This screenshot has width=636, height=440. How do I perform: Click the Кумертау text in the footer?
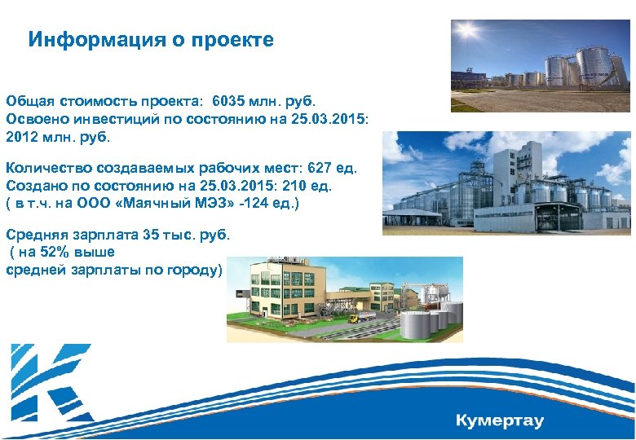(499, 421)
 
